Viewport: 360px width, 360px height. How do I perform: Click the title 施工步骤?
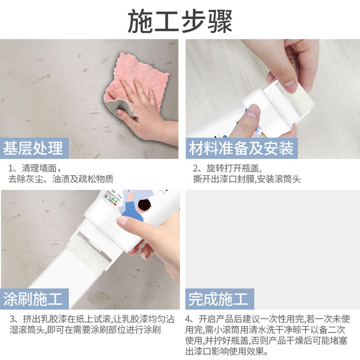pyautogui.click(x=180, y=21)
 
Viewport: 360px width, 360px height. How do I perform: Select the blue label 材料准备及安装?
pyautogui.click(x=241, y=148)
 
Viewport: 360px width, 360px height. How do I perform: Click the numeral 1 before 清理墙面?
pyautogui.click(x=10, y=168)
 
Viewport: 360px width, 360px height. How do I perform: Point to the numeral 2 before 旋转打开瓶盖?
pyautogui.click(x=195, y=168)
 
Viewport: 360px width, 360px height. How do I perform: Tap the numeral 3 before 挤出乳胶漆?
pyautogui.click(x=12, y=319)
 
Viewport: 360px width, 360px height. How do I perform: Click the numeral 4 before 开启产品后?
pyautogui.click(x=188, y=319)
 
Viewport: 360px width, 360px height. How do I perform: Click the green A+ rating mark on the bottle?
pyautogui.click(x=114, y=199)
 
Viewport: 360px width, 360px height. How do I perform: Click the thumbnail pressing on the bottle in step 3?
pyautogui.click(x=122, y=220)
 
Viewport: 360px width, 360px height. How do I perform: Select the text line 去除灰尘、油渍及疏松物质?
pyautogui.click(x=61, y=179)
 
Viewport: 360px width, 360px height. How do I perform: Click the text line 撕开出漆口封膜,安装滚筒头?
pyautogui.click(x=247, y=179)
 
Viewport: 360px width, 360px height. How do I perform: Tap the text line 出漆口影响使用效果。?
pyautogui.click(x=227, y=351)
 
